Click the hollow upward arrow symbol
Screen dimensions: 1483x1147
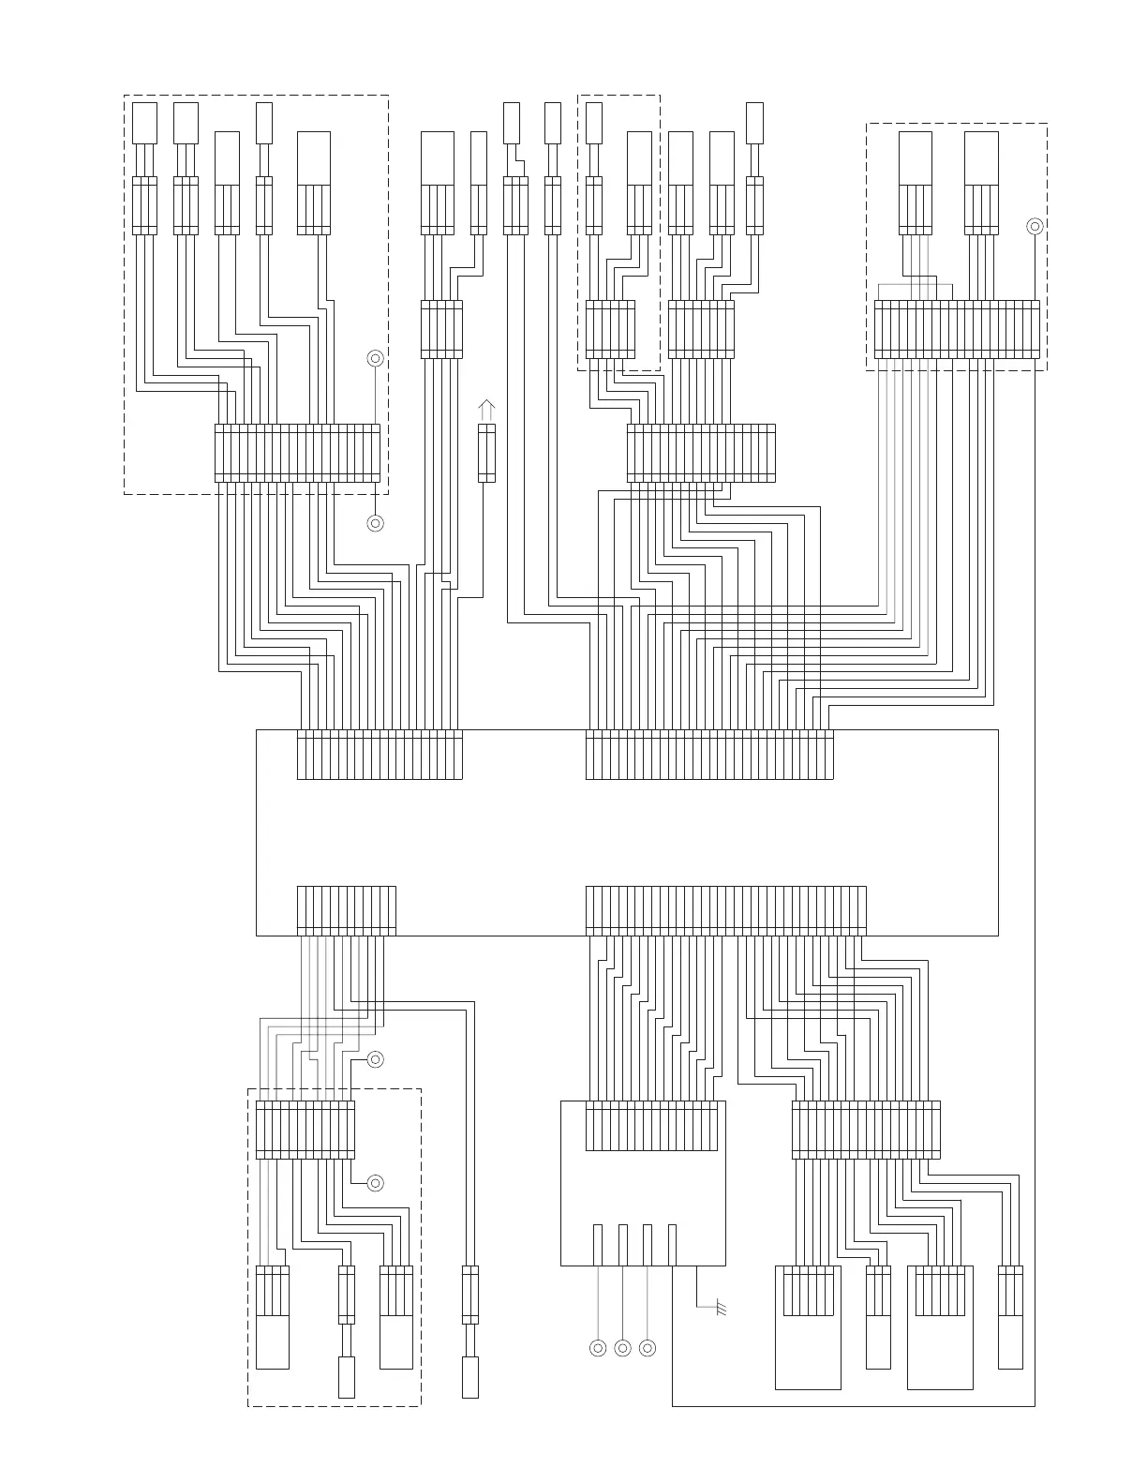tap(486, 410)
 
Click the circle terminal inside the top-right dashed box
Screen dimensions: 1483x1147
tap(1035, 226)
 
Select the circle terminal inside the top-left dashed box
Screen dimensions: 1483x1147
tap(375, 358)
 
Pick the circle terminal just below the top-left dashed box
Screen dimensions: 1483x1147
tap(375, 523)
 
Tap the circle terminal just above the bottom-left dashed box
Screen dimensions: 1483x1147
tap(375, 1059)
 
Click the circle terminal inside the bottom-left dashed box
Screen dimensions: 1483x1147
tap(375, 1183)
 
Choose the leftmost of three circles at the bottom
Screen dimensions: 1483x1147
tap(598, 1348)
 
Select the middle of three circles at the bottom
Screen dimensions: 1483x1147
tap(622, 1348)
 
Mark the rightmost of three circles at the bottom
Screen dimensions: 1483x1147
tap(647, 1348)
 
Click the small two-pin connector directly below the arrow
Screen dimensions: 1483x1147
tap(486, 453)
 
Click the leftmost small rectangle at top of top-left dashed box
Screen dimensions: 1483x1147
tap(144, 123)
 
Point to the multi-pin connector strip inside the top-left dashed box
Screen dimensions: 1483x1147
tap(297, 453)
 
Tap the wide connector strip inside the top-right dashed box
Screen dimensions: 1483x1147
tap(957, 329)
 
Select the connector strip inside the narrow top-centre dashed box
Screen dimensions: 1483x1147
tap(610, 329)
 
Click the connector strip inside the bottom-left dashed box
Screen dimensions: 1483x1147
tap(305, 1130)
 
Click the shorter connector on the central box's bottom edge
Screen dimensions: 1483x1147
tap(347, 910)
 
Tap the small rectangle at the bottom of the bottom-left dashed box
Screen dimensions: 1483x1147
tap(347, 1377)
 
